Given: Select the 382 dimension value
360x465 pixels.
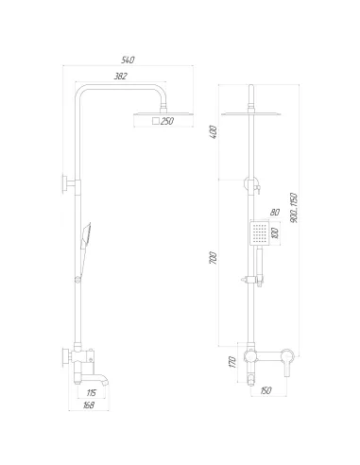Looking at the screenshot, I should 120,75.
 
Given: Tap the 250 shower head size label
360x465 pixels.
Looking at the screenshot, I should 166,121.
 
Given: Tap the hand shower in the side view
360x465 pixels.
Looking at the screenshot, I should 86,232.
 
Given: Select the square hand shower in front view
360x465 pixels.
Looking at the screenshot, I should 259,232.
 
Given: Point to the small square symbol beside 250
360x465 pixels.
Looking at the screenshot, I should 153,121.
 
